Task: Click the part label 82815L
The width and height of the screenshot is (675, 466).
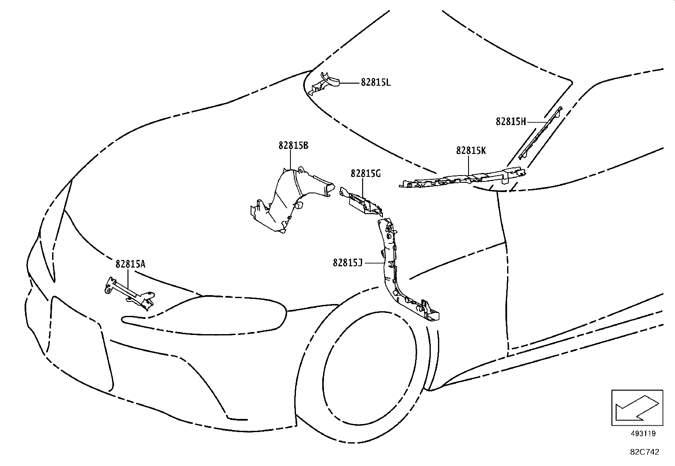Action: tap(376, 83)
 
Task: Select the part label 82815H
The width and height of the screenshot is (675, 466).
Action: tap(510, 122)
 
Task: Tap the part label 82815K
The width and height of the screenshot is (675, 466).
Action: tap(471, 151)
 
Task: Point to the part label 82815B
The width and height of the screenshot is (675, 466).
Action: tap(293, 145)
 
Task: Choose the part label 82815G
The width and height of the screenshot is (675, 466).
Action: tap(365, 173)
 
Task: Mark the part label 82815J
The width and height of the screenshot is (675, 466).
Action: tap(348, 263)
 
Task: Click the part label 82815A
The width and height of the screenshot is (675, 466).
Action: tap(130, 264)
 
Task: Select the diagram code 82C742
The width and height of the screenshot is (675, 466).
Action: tap(644, 452)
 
